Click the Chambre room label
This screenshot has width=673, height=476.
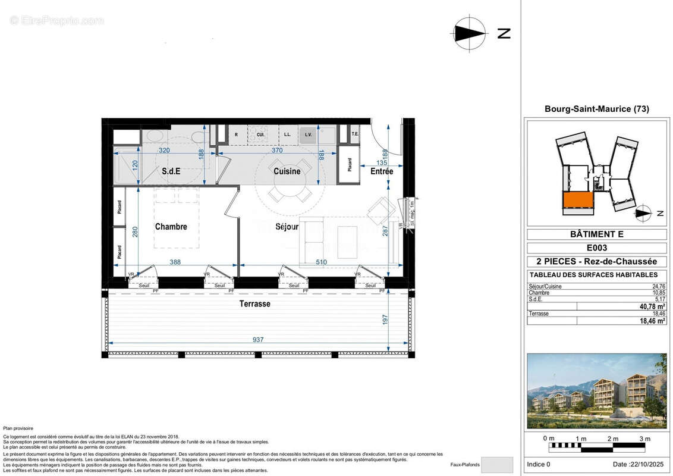[171, 227]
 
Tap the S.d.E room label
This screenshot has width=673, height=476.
[171, 171]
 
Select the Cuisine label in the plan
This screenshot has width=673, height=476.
[287, 171]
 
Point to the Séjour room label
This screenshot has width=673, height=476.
[287, 227]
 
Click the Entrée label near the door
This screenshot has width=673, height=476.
[382, 171]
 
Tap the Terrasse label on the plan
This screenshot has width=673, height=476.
[255, 304]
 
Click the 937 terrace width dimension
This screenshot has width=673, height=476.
[258, 340]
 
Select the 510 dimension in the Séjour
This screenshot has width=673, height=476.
[320, 261]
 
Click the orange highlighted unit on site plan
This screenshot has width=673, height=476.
[577, 201]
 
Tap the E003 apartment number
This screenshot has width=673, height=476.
[596, 248]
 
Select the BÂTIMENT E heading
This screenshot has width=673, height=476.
[596, 234]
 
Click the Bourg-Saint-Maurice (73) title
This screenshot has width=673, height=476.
[596, 109]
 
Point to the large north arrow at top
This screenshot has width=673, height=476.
[470, 33]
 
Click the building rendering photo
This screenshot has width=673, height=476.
[596, 391]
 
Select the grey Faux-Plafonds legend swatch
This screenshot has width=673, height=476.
[496, 465]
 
